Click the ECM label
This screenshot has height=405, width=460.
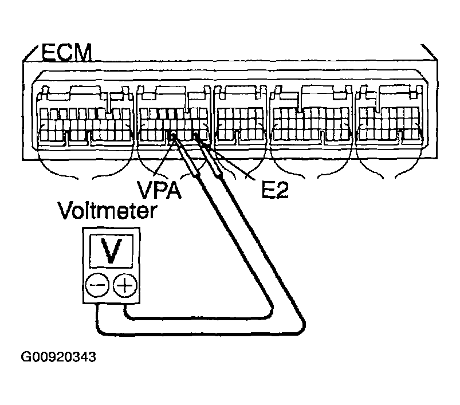(66, 53)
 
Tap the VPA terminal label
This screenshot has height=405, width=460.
(159, 190)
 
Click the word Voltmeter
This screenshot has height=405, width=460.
(108, 210)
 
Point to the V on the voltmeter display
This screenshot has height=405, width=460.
(111, 251)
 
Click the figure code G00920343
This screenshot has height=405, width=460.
(58, 357)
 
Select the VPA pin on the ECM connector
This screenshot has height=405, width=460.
(172, 136)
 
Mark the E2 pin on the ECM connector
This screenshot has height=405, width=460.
(196, 136)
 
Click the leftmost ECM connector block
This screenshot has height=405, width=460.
(85, 116)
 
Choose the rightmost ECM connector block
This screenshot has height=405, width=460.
(389, 115)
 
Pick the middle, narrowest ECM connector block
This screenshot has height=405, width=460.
(240, 115)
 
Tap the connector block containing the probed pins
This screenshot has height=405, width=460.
(174, 116)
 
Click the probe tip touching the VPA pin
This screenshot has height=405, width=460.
(174, 138)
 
